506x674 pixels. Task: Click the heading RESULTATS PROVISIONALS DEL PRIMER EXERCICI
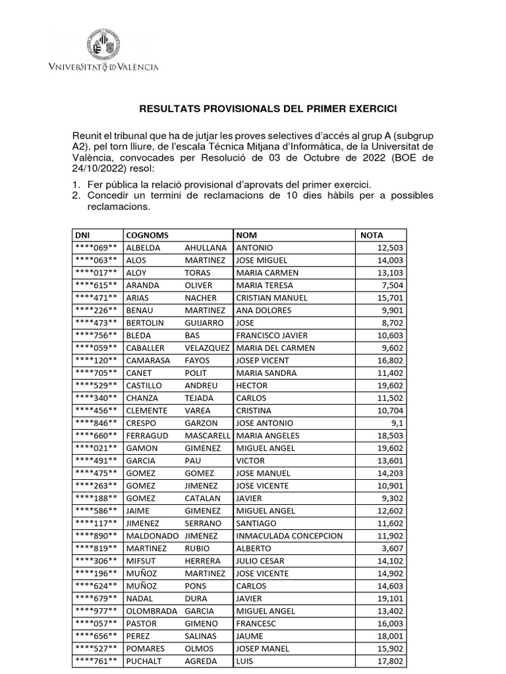[x=267, y=108]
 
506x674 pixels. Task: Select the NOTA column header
[x=372, y=235]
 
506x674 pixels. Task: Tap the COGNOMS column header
[x=147, y=235]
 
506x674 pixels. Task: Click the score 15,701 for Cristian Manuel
[x=391, y=298]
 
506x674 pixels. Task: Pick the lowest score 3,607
[x=393, y=548]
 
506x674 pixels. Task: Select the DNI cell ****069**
[x=96, y=247]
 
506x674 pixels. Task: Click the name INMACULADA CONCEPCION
[x=289, y=536]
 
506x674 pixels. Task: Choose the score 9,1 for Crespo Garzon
[x=397, y=423]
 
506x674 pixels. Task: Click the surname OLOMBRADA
[x=152, y=611]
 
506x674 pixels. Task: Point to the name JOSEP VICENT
[x=262, y=360]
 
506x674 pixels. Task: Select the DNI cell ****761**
[x=96, y=661]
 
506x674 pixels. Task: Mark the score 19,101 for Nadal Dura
[x=391, y=598]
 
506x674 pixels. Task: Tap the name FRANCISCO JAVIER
[x=271, y=335]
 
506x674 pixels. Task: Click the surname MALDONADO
[x=152, y=536]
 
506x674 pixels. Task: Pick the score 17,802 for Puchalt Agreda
[x=391, y=661]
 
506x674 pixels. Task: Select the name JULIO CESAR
[x=260, y=561]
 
